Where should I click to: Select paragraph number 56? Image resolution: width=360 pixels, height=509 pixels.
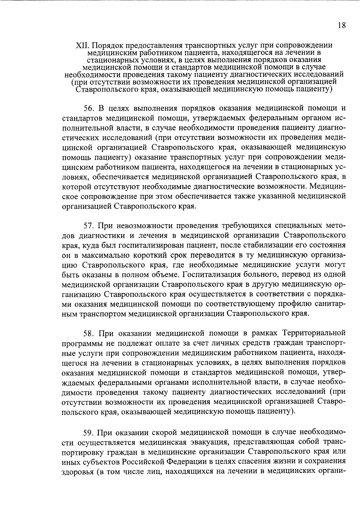[x=89, y=108]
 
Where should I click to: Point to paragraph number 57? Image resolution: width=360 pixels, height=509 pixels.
[x=89, y=225]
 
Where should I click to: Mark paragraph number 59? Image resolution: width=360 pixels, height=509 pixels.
[x=89, y=432]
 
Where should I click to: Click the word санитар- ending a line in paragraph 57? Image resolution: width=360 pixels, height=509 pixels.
[x=331, y=304]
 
